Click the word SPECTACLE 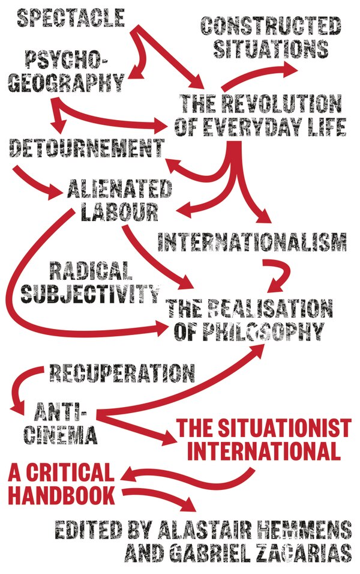coord(71,18)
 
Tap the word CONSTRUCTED coord(271,26)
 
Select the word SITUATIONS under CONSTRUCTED coord(271,48)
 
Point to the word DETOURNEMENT coord(86,148)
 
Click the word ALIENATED coord(119,189)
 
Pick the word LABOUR coord(119,211)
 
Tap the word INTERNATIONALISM coord(252,241)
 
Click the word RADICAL coord(91,271)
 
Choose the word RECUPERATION coord(122,373)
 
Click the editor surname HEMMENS coord(301,530)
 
